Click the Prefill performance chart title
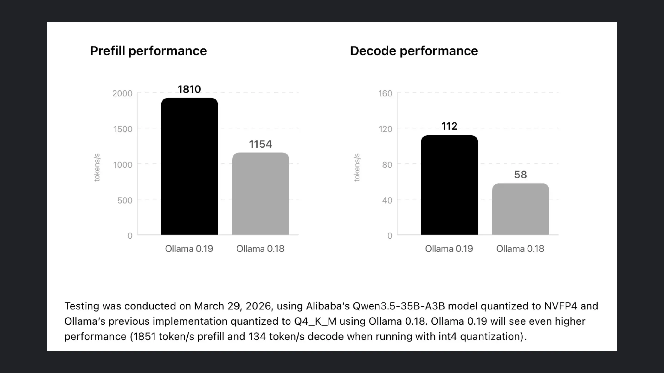[148, 51]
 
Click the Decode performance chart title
[414, 51]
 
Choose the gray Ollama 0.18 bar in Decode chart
[520, 209]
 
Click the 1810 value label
[189, 89]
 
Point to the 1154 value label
[260, 144]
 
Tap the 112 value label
[449, 126]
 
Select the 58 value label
[520, 175]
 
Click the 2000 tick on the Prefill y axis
[122, 93]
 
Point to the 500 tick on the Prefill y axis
[125, 200]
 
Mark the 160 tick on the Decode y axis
[385, 93]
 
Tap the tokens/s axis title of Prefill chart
[97, 168]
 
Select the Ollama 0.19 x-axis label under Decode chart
[449, 249]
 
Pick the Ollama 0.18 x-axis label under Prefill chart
[260, 249]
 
